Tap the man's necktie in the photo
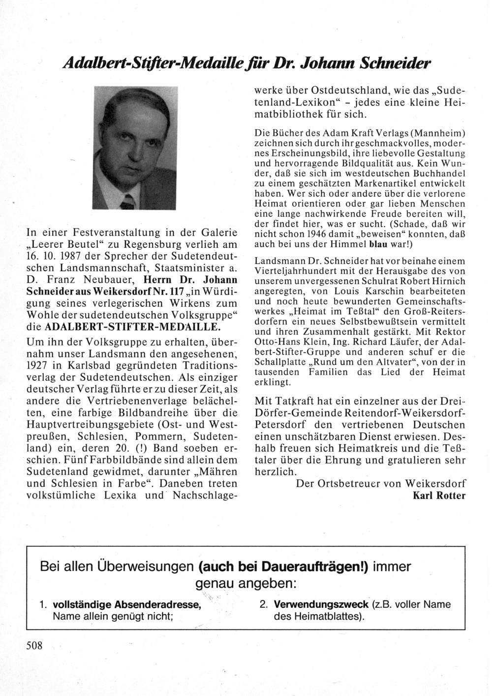click(127, 201)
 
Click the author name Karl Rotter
click(438, 496)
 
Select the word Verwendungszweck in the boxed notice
click(321, 604)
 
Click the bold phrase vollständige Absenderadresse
click(126, 604)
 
